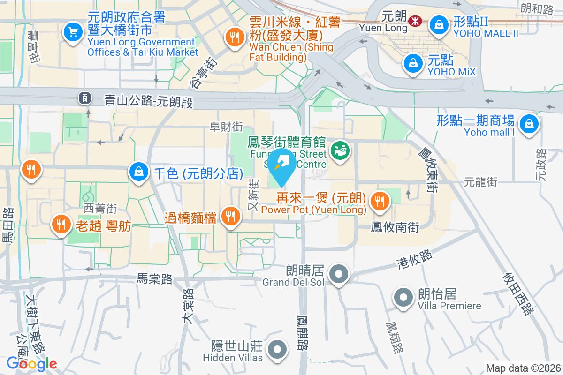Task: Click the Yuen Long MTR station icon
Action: click(x=415, y=21)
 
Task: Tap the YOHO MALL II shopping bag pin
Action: click(x=439, y=25)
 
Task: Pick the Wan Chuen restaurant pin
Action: click(x=233, y=37)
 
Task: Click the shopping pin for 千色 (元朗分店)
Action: click(x=139, y=172)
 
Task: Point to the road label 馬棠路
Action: click(x=154, y=280)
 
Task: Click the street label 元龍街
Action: click(x=481, y=181)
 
